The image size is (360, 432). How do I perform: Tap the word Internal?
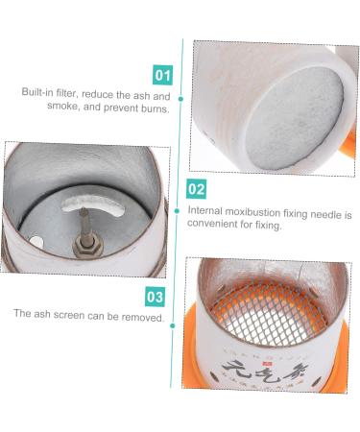pyautogui.click(x=207, y=210)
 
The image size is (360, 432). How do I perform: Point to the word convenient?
pyautogui.click(x=213, y=226)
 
